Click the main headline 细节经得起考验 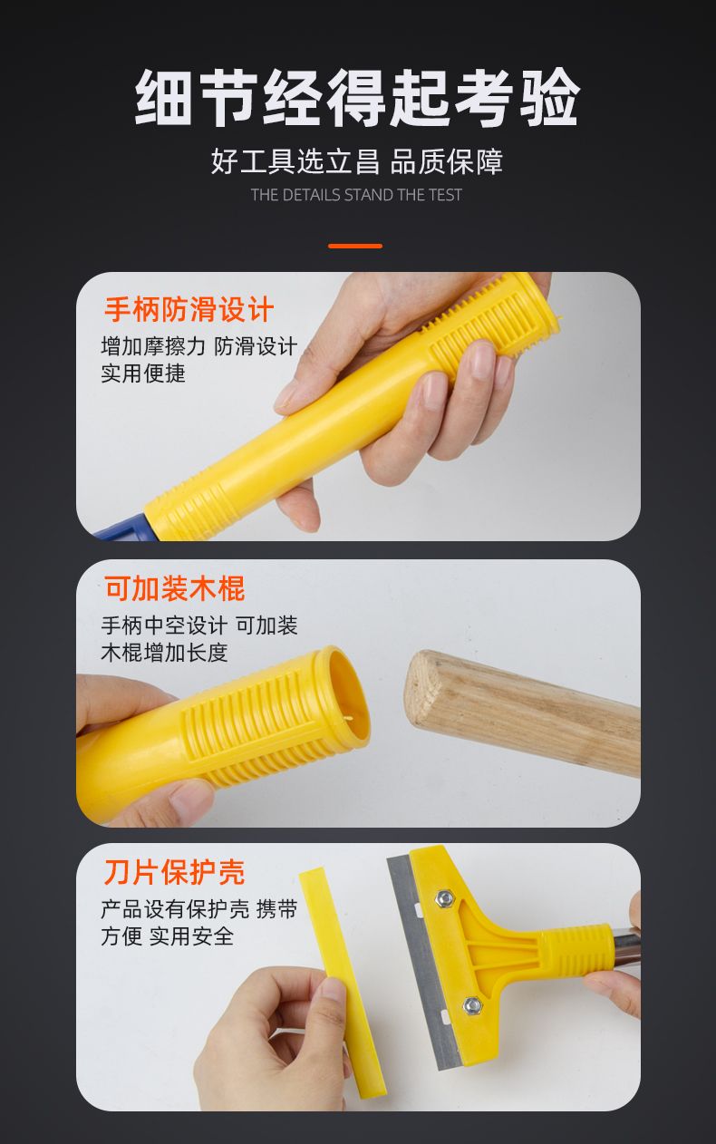(357, 97)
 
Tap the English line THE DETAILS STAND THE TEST (356, 195)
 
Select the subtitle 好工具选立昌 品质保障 (357, 161)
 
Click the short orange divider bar (355, 246)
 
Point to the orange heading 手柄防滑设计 (189, 309)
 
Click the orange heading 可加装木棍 (175, 588)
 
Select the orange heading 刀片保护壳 (175, 872)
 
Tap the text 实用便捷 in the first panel (143, 373)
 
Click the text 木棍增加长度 (164, 652)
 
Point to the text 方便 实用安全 (168, 936)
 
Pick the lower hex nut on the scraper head (472, 1005)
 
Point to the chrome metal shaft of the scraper (625, 949)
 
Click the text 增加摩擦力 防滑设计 (199, 346)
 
